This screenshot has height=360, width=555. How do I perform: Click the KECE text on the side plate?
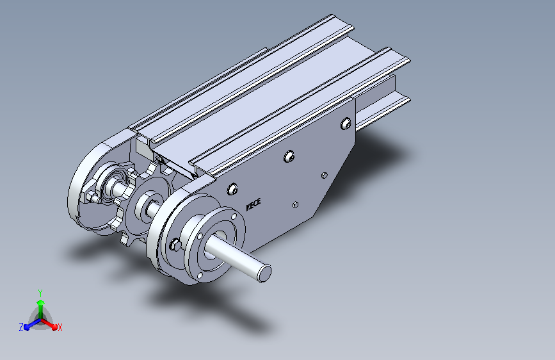click(x=253, y=204)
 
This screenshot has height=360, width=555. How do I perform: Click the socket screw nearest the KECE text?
click(x=232, y=189)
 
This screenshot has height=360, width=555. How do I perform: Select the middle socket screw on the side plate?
click(x=289, y=156)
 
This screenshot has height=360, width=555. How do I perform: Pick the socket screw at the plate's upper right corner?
click(x=346, y=123)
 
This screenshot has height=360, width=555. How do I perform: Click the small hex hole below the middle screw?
click(x=296, y=204)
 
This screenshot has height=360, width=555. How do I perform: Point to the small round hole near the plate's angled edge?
click(x=324, y=175)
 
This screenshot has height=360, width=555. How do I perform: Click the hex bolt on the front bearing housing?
click(x=175, y=245)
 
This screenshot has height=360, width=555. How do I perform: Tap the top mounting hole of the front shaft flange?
click(x=234, y=216)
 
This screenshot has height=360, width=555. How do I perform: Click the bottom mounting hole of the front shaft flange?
click(x=200, y=275)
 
